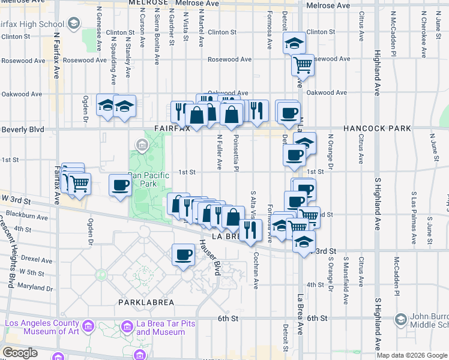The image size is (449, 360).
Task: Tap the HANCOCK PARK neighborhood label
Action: point(377,128)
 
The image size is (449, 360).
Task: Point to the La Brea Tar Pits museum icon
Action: point(127,326)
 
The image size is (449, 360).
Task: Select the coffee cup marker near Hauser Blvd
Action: point(183,254)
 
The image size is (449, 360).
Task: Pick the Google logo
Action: point(20,353)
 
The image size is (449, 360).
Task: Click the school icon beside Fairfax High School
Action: point(74,24)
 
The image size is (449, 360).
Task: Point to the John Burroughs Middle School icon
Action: point(400,321)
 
